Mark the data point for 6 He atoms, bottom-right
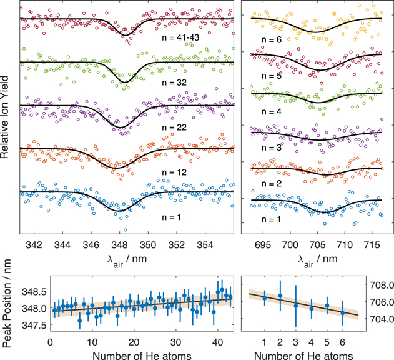tap(342, 312)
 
